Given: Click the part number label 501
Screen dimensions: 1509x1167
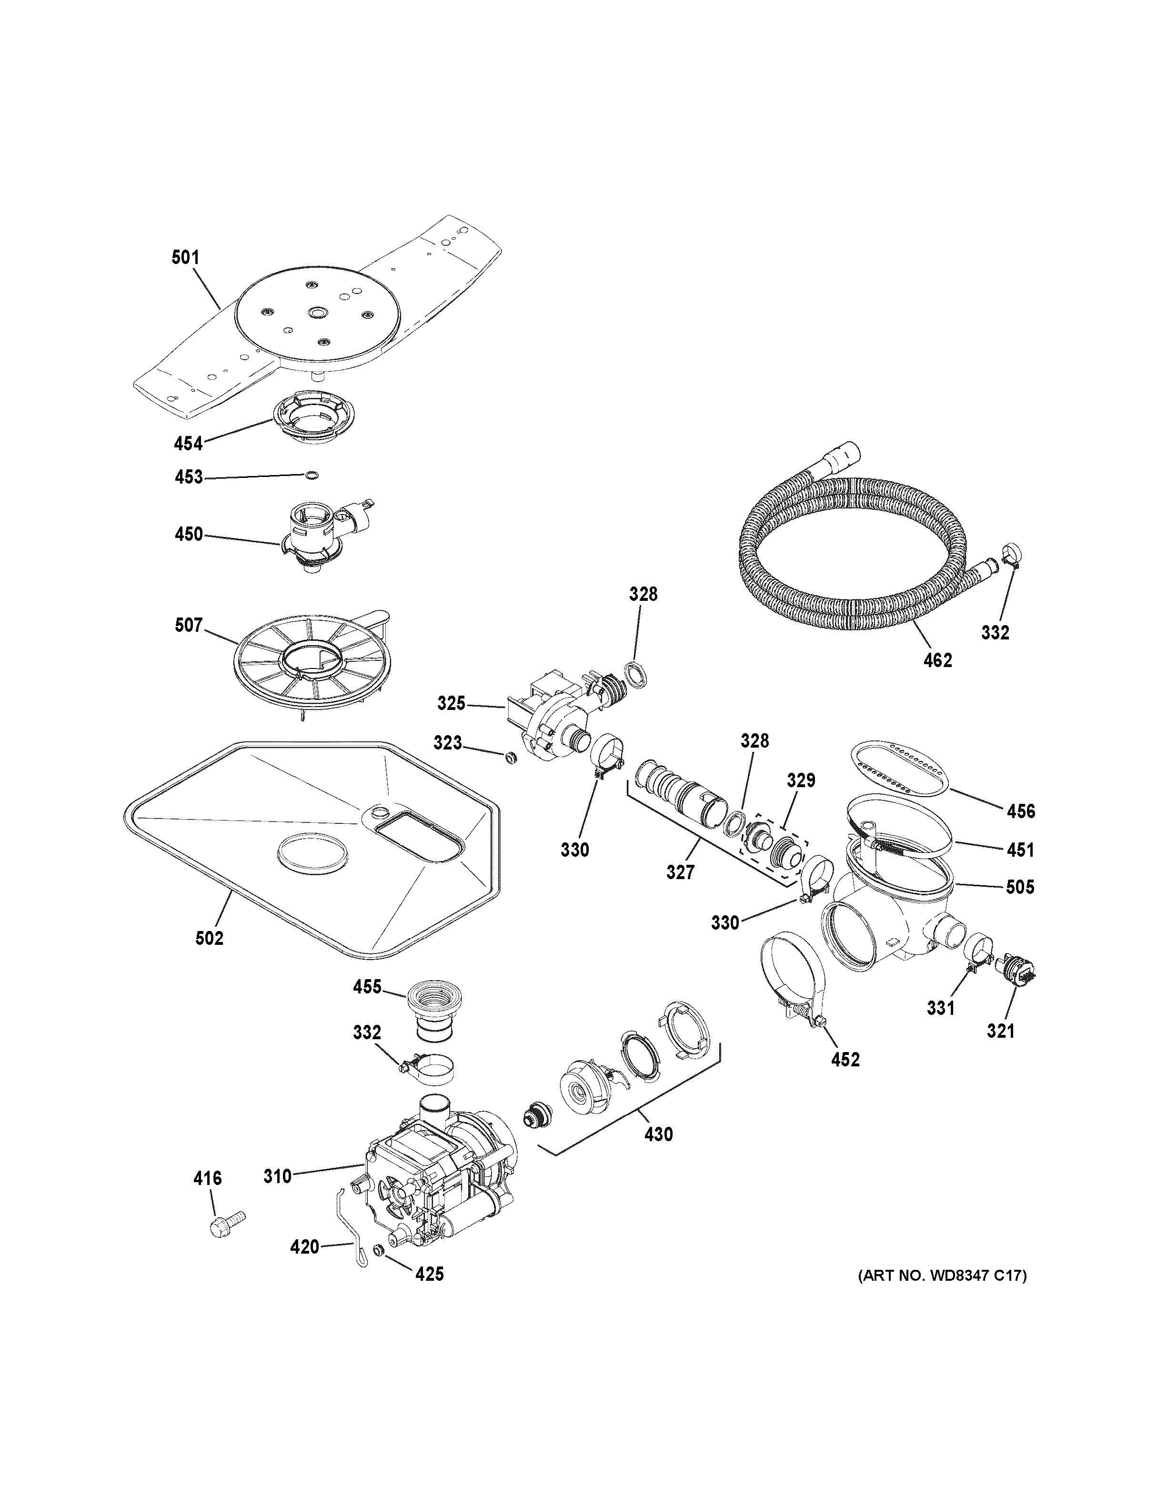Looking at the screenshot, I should pos(185,258).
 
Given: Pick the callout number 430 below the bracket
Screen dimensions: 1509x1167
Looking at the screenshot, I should pos(658,1134).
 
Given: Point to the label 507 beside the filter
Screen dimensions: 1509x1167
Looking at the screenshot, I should pos(189,625).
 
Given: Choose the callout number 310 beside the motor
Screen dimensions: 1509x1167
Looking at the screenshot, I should pos(278,1175).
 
